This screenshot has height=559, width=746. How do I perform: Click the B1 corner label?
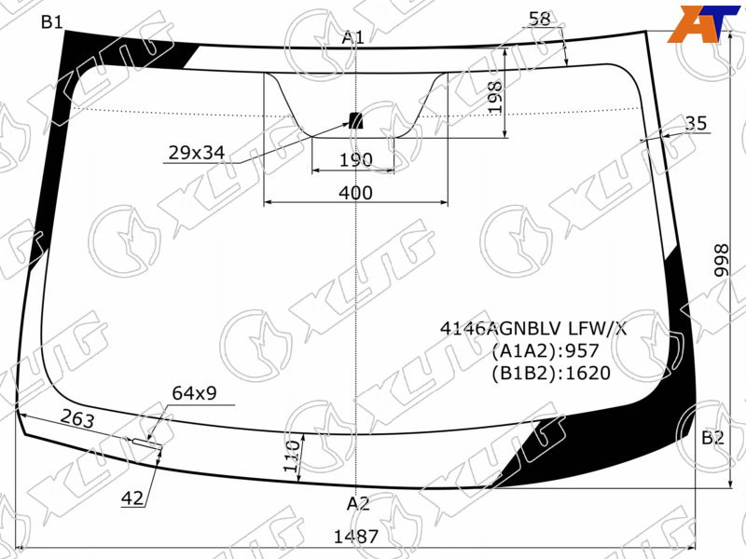coord(52,21)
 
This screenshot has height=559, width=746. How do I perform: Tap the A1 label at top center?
coord(353,37)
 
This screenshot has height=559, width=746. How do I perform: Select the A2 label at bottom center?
coord(358,503)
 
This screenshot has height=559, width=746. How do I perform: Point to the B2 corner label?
coord(712,437)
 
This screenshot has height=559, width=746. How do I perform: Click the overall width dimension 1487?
coord(356,537)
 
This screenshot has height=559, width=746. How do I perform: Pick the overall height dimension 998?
coord(721,260)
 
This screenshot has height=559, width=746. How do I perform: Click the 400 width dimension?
coord(355,193)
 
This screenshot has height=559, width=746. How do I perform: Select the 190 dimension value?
coord(355,160)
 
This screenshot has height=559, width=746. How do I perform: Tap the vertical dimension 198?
coord(495,97)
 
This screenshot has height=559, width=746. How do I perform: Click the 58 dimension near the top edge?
coord(540,19)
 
